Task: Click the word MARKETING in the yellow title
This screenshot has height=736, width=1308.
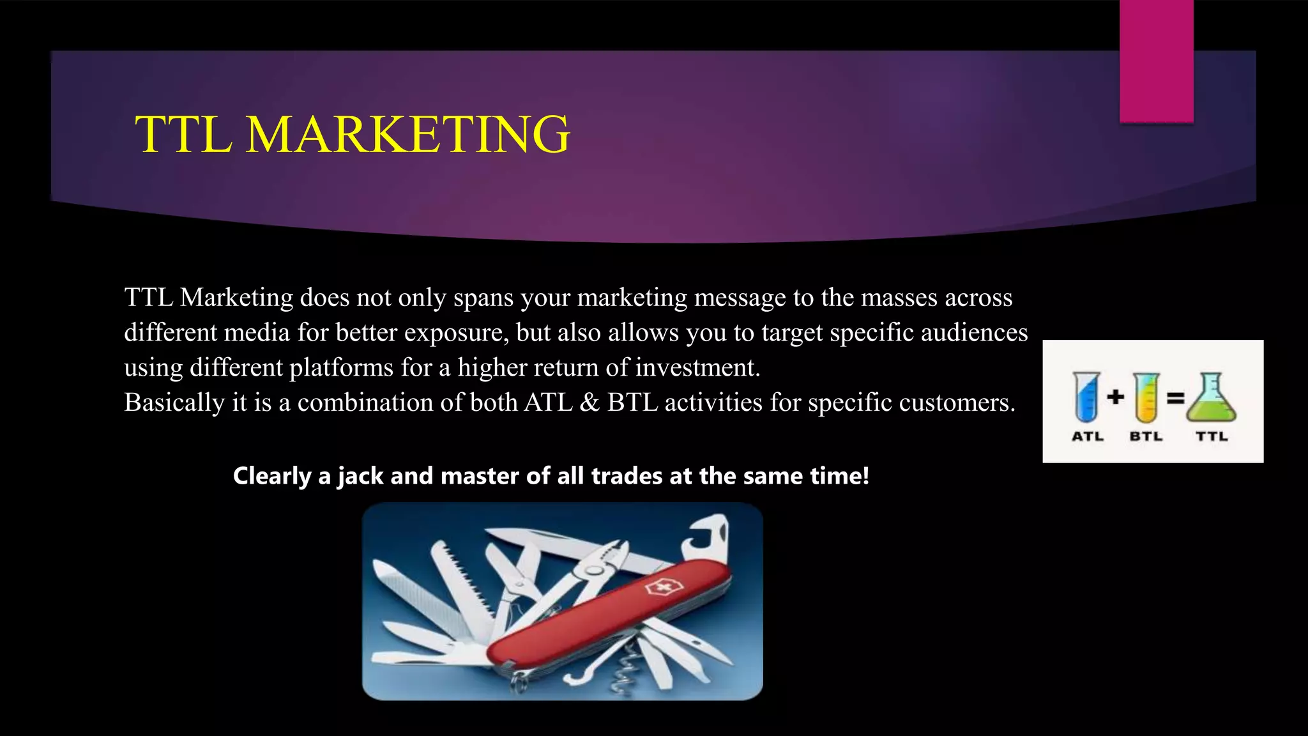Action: pyautogui.click(x=407, y=135)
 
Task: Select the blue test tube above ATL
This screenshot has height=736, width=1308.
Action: pyautogui.click(x=1086, y=397)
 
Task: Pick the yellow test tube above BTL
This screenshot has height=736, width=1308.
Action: pyautogui.click(x=1146, y=397)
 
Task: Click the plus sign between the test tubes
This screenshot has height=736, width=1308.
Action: pyautogui.click(x=1115, y=397)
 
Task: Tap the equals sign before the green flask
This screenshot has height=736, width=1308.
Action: pyautogui.click(x=1176, y=398)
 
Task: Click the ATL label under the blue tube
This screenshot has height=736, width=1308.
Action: pyautogui.click(x=1087, y=436)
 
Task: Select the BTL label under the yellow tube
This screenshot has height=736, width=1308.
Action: pyautogui.click(x=1146, y=436)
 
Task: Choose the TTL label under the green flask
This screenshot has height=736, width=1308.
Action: pyautogui.click(x=1212, y=436)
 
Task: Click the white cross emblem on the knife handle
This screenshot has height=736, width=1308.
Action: pyautogui.click(x=657, y=587)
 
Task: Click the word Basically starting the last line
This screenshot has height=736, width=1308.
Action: pyautogui.click(x=174, y=403)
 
